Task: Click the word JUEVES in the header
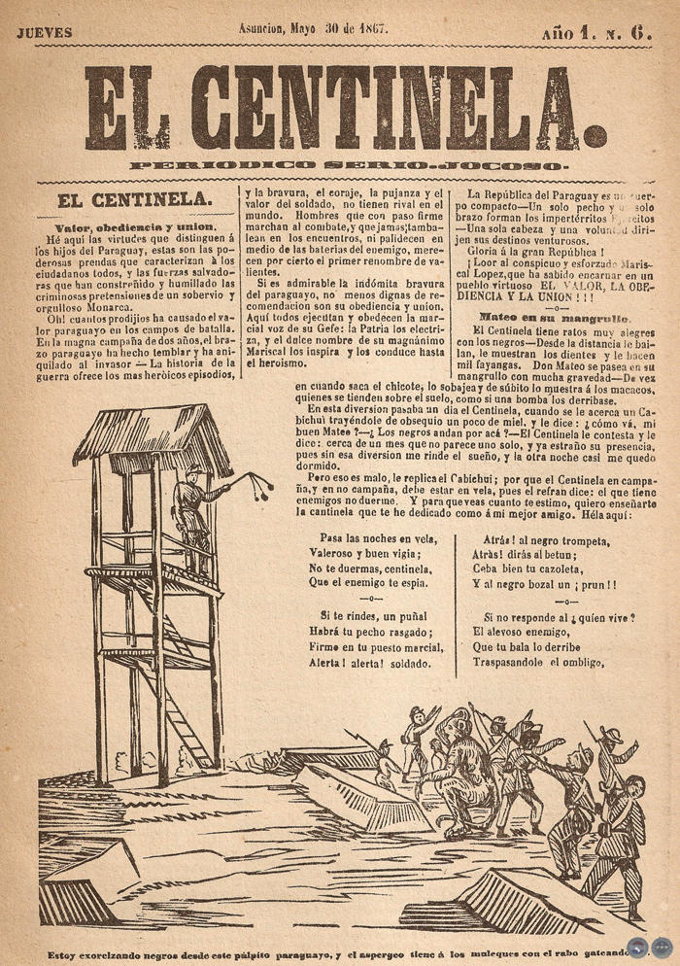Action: (45, 32)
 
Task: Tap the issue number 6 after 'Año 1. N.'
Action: (639, 30)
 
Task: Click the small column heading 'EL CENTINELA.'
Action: (134, 200)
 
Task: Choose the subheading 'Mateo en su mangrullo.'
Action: (554, 318)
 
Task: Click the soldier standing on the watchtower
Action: (189, 505)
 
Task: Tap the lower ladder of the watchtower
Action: (189, 719)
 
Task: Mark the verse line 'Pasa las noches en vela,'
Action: (379, 537)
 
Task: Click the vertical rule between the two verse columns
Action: (456, 603)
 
